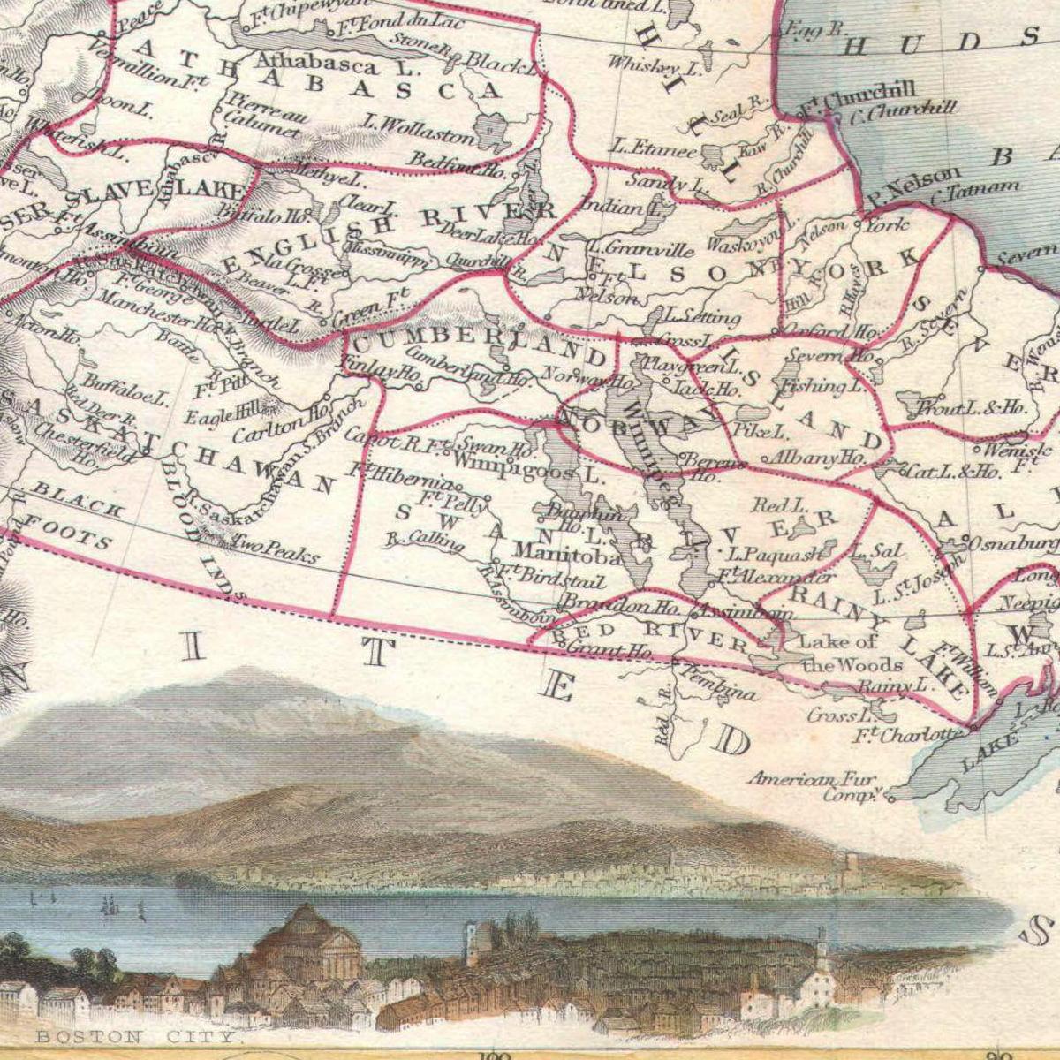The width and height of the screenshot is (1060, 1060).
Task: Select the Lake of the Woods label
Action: [x=839, y=654]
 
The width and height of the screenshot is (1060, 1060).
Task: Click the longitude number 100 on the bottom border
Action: [x=492, y=1053]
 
